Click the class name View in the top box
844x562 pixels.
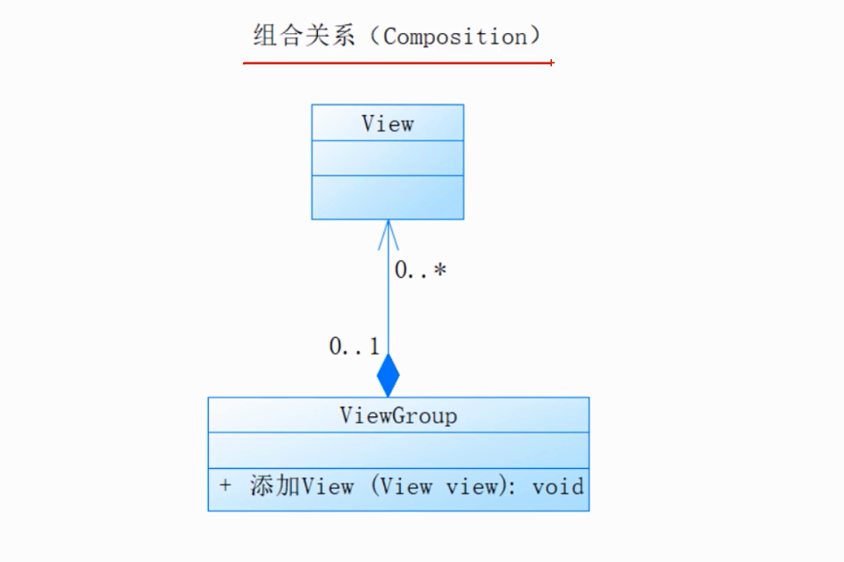pos(388,123)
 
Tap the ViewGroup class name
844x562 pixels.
pos(398,415)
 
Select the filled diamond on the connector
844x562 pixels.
pos(388,376)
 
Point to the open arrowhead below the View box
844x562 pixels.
pos(388,233)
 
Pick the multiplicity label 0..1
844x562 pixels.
pos(354,347)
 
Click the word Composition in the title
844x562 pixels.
pos(455,37)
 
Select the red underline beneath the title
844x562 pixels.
pos(397,63)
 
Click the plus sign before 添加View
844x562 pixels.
pos(225,486)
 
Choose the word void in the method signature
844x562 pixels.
pos(557,487)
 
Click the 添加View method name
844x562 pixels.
pos(302,487)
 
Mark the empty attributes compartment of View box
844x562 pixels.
pos(388,158)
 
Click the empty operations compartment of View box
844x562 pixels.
pos(388,197)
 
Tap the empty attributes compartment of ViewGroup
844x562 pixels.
pos(398,450)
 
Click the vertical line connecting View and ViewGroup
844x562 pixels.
pos(388,304)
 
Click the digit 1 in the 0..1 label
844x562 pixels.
pos(374,347)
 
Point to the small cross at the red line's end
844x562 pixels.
pos(552,63)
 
